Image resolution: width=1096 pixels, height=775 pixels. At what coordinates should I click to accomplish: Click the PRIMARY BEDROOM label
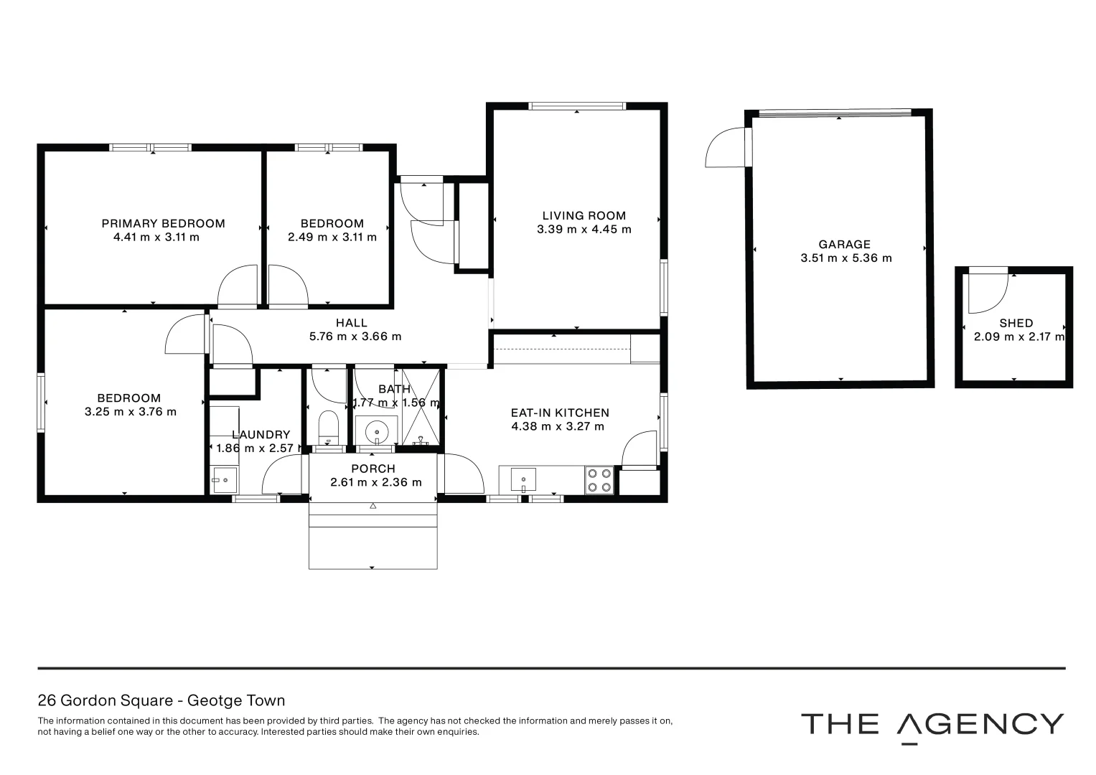click(164, 224)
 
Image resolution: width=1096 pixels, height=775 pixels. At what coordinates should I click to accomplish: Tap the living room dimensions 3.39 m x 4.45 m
click(584, 230)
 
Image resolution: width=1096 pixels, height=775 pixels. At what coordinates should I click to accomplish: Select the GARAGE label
click(845, 245)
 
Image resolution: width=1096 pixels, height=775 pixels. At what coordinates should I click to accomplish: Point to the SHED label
click(1016, 324)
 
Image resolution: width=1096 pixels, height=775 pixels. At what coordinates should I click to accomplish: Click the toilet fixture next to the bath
click(328, 427)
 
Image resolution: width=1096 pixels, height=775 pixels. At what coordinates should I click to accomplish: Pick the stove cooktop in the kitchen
click(599, 480)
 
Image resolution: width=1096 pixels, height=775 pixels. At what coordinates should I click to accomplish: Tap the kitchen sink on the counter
click(523, 479)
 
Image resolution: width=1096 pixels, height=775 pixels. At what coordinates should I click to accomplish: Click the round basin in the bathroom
click(377, 431)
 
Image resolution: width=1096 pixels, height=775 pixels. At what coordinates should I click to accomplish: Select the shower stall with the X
click(421, 407)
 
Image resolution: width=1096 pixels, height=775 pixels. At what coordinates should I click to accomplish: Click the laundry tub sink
click(225, 480)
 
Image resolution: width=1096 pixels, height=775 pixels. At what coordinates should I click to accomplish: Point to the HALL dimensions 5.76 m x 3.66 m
click(355, 337)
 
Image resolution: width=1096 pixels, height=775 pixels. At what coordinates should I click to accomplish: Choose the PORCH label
click(373, 469)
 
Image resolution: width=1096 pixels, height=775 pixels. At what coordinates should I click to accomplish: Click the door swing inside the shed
click(988, 293)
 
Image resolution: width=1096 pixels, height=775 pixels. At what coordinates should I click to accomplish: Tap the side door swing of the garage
click(725, 147)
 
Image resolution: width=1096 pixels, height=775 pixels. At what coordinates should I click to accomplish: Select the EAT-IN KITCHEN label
click(561, 413)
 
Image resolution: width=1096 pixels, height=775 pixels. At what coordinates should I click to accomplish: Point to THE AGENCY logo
click(932, 726)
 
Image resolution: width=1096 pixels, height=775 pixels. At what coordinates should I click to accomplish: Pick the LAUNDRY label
click(261, 434)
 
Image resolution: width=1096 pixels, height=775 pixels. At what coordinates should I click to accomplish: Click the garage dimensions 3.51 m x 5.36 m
click(846, 258)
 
